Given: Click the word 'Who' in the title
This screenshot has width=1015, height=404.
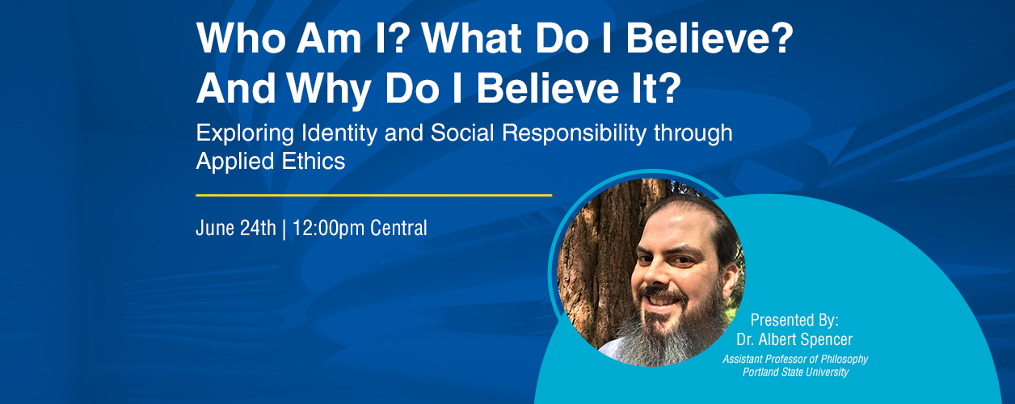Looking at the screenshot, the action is (x=241, y=39).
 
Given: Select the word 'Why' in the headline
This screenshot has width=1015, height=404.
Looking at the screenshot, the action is (x=329, y=89).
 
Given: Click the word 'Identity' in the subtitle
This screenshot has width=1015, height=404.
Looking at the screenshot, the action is (x=339, y=134).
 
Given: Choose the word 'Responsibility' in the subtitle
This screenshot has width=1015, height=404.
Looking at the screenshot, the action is (x=574, y=134).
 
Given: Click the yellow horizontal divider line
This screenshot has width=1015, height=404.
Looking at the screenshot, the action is (x=374, y=196).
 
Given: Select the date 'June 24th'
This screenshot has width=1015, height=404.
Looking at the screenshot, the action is (x=236, y=228).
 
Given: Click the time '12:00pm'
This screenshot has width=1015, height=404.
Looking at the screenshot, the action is (x=329, y=229).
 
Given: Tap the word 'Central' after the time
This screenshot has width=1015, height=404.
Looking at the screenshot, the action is (x=398, y=228).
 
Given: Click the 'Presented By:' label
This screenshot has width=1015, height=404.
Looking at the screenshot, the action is (x=794, y=321).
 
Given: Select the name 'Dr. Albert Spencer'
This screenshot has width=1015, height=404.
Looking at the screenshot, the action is (x=794, y=339).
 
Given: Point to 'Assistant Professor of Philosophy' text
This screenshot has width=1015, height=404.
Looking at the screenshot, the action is (x=795, y=360).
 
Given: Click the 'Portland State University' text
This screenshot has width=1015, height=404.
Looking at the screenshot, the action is (x=795, y=372).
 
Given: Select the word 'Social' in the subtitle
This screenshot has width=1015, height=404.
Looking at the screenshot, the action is (x=462, y=133).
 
